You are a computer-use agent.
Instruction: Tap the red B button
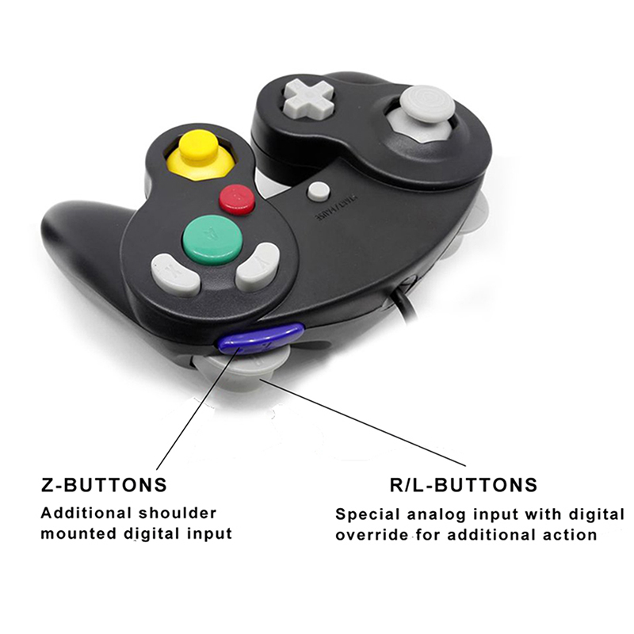pos(237,199)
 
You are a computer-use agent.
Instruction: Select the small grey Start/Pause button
pos(319,191)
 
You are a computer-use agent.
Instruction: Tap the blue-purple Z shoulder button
pos(262,338)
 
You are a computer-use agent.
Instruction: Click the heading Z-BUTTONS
pos(104,484)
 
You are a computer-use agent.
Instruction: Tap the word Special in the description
pos(365,514)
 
